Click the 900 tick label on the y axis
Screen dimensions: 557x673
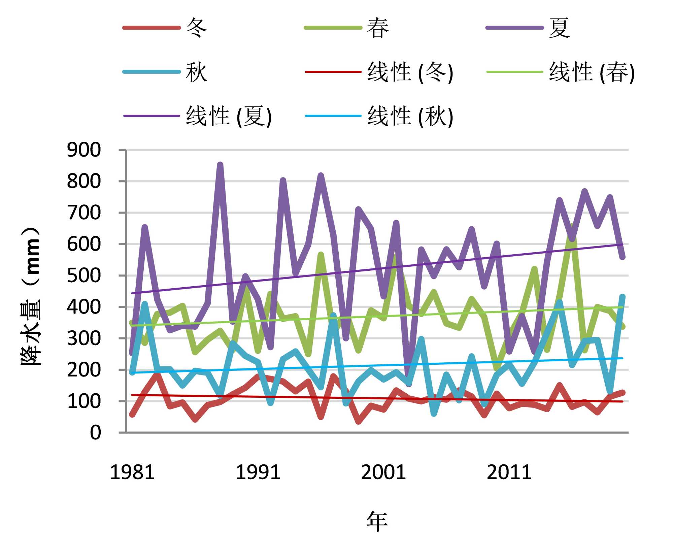tap(84, 150)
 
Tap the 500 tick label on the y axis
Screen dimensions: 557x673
tap(84, 275)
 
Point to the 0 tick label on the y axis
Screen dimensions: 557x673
tap(95, 432)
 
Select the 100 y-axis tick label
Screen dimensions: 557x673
tap(84, 401)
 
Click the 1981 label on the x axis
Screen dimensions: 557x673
tap(132, 472)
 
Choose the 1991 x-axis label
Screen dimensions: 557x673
tap(258, 472)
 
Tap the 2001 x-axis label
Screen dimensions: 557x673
tap(383, 472)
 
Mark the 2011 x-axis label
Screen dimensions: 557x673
tap(509, 472)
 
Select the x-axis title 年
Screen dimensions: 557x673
tap(377, 521)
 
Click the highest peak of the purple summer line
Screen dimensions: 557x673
tap(220, 165)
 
